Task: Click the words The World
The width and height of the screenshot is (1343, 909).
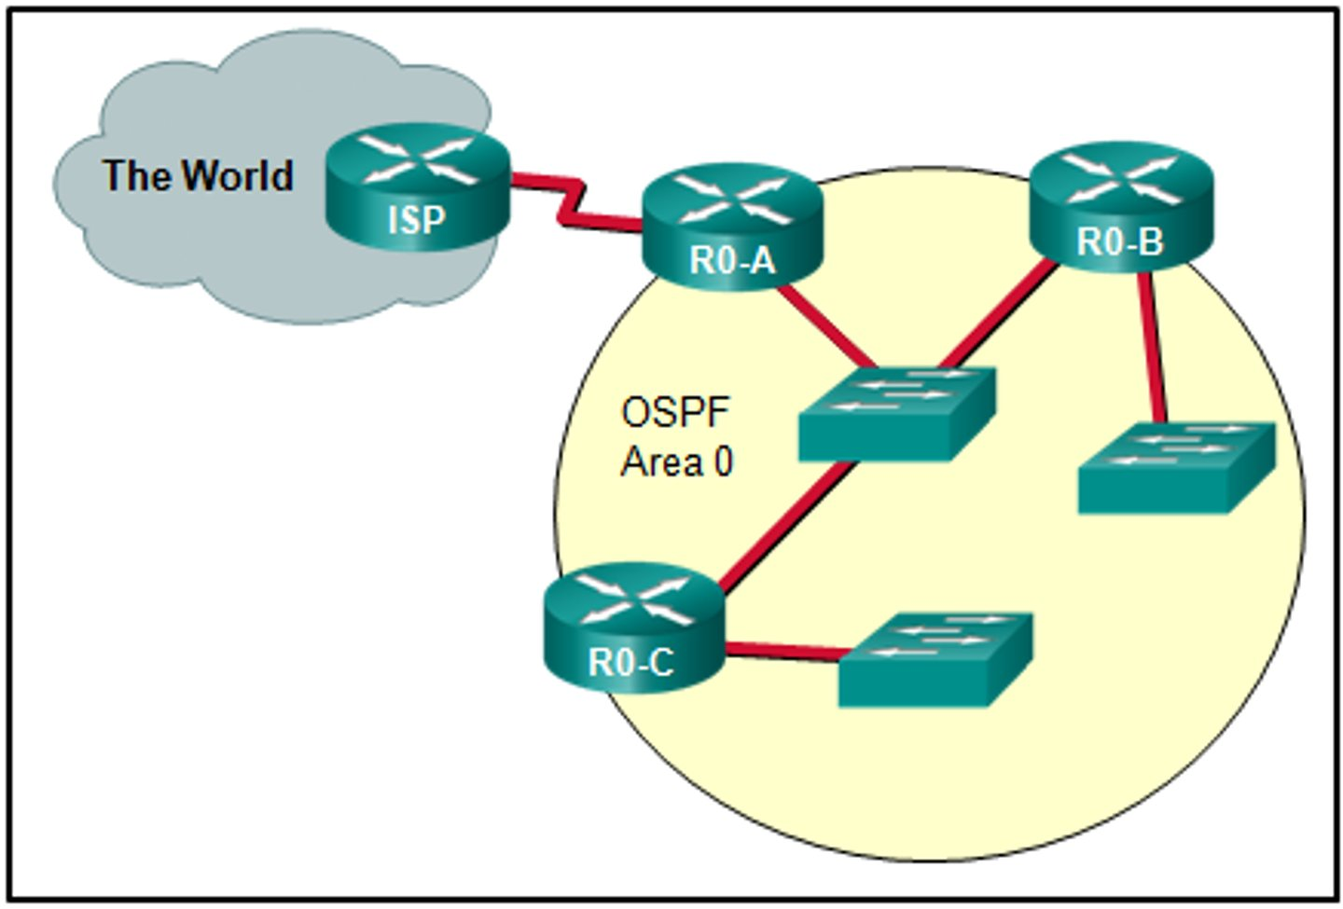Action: point(198,175)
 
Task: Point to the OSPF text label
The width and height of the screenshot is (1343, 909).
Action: point(675,412)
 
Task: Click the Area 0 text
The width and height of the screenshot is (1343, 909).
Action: point(677,461)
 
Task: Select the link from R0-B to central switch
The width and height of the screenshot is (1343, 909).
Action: point(998,317)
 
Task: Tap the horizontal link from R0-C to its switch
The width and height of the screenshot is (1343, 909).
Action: point(783,652)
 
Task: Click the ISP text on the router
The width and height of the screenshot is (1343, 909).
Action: point(416,221)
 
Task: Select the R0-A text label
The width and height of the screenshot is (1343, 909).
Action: point(732,261)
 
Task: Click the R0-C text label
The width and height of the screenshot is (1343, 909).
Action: point(630,664)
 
